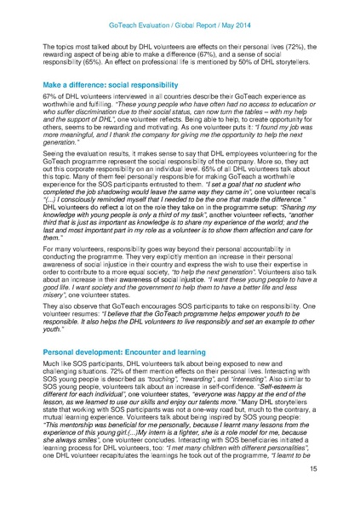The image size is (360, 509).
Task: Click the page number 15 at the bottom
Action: tap(311, 492)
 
